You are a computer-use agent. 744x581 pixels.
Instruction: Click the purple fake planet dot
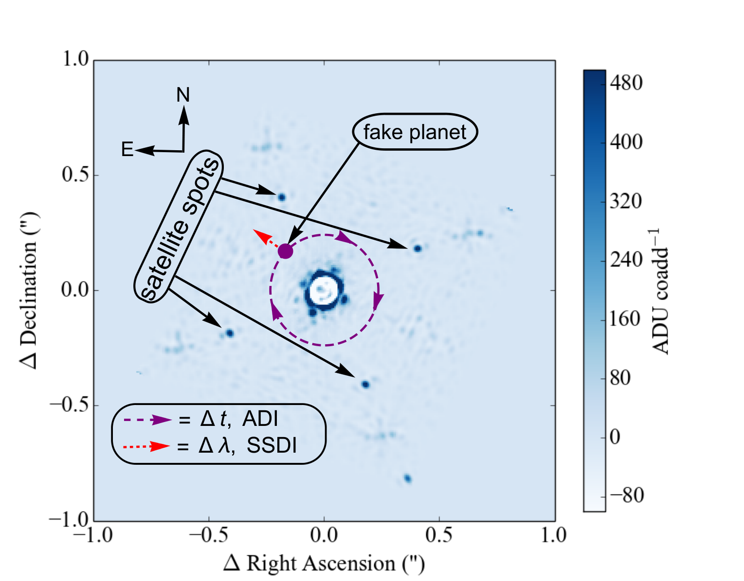285,251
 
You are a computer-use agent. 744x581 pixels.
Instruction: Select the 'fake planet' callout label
415,132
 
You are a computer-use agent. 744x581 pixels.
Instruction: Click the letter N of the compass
183,95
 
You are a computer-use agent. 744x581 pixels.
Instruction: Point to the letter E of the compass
127,149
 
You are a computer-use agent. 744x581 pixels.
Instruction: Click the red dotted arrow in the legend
146,446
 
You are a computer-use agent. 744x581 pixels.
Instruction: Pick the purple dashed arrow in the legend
147,420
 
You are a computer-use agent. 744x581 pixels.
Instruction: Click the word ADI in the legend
260,419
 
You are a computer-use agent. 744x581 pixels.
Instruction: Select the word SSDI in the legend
272,445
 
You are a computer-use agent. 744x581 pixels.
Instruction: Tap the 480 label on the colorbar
626,83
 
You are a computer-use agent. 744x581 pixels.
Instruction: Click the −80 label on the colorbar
627,495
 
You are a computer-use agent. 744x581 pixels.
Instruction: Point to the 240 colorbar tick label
626,260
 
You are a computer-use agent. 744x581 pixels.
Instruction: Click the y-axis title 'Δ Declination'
30,290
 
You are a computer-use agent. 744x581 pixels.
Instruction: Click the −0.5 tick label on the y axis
70,405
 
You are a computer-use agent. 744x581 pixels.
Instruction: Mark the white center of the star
324,290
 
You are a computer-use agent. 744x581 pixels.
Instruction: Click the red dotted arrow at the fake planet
266,238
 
